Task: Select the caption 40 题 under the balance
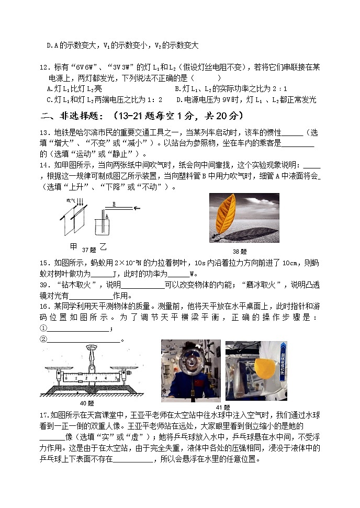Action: click(86, 403)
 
